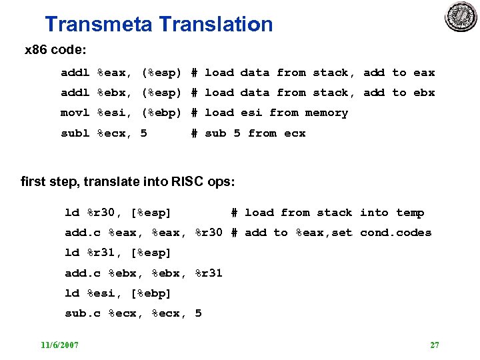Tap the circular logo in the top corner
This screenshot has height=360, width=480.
coord(461,17)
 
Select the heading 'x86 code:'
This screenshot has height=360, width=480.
coord(55,50)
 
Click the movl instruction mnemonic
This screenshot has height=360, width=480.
coord(75,113)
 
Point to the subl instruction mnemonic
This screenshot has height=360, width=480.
coord(75,133)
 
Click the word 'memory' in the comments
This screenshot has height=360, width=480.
coord(327,113)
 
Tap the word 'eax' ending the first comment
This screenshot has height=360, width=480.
coord(424,73)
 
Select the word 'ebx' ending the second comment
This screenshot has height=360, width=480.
coord(424,93)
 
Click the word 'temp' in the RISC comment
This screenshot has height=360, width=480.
coord(410,213)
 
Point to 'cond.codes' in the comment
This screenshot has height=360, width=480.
coord(395,233)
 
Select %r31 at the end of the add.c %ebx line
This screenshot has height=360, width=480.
coord(209,273)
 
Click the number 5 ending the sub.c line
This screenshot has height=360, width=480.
coord(198,313)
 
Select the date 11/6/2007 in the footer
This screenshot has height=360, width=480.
coord(59,345)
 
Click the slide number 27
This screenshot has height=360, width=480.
coord(435,345)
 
